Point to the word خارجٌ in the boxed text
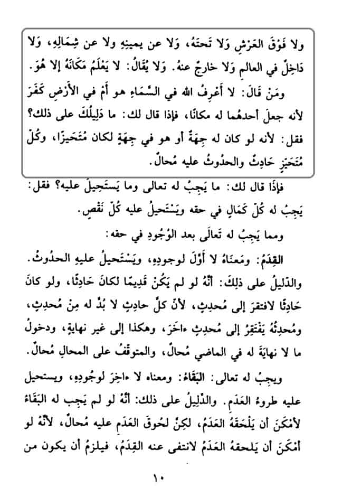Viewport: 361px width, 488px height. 225,68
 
